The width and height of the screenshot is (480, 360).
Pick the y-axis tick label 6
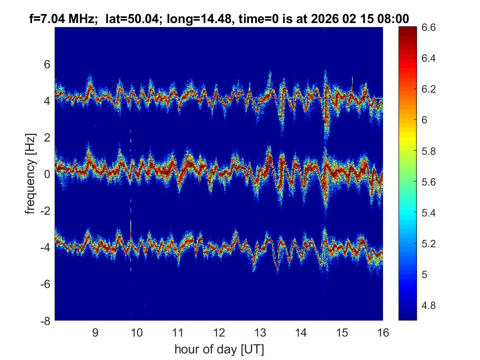46,64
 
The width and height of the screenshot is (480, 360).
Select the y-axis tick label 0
46,174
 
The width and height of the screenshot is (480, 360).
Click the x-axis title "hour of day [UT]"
219,349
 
